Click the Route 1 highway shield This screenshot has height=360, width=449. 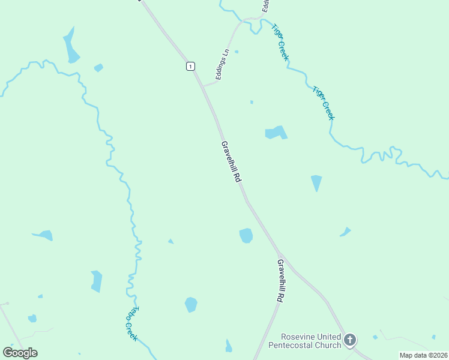[x=190, y=66]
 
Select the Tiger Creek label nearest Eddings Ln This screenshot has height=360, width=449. [x=280, y=42]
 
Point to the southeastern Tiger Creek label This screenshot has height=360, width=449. [x=323, y=103]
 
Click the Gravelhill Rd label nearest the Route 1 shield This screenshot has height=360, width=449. [x=231, y=162]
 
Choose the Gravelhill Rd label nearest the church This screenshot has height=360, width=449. [x=280, y=280]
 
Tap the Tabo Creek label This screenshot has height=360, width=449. [x=132, y=324]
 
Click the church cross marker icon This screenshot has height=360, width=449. [x=350, y=340]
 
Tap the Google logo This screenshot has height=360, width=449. [x=20, y=353]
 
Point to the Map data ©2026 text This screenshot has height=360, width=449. [x=423, y=355]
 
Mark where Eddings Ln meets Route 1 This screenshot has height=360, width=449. [x=203, y=86]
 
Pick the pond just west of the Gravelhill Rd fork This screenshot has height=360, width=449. [x=246, y=235]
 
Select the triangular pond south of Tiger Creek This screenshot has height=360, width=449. [x=316, y=182]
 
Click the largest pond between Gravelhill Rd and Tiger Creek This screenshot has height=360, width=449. [x=276, y=133]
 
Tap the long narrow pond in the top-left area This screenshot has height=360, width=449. [x=71, y=46]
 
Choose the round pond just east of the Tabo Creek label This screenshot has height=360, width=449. [x=191, y=304]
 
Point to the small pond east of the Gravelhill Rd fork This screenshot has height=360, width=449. [x=345, y=232]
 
